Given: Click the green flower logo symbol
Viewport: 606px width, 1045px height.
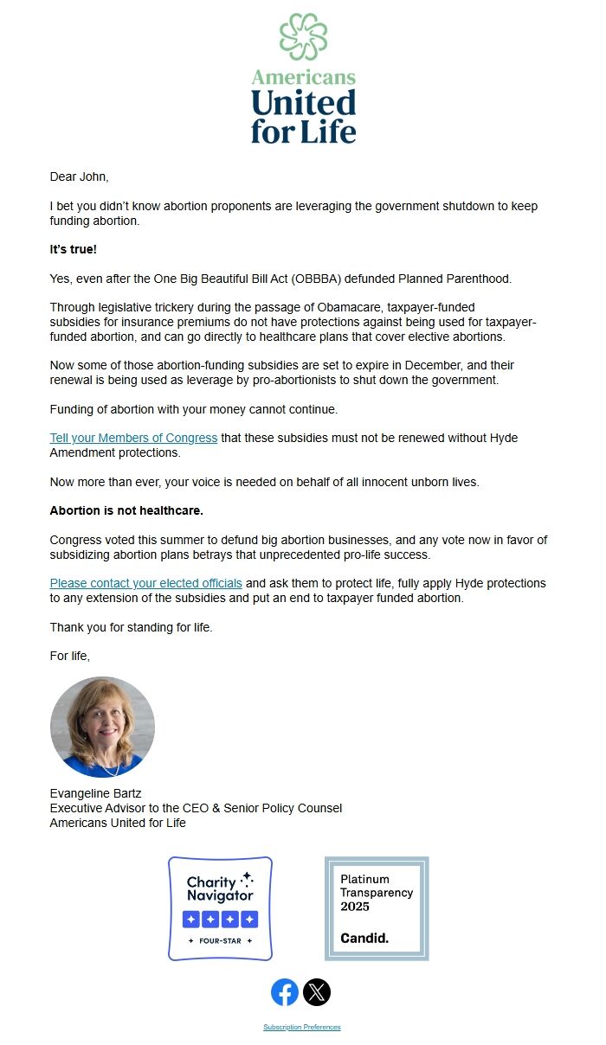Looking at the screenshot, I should point(303,37).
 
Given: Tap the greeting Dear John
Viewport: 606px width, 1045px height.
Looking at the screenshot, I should point(79,176).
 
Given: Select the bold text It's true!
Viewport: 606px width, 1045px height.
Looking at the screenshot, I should point(74,249).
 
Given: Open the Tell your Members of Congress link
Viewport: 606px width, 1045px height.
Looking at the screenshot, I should point(133,438).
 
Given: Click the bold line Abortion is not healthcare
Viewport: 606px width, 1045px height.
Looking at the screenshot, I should point(126,510).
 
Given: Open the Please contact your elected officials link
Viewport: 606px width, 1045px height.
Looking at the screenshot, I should point(145,583).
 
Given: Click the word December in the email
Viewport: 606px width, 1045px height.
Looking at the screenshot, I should point(437,365).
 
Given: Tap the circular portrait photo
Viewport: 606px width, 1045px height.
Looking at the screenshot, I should point(102,727).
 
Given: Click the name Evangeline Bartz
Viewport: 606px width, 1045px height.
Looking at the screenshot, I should point(96,793).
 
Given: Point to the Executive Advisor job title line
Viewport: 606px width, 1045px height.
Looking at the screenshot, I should point(196,808).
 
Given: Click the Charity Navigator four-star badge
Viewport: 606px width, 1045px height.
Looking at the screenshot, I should point(220,908).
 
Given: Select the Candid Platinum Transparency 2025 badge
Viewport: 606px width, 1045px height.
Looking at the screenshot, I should point(377,908).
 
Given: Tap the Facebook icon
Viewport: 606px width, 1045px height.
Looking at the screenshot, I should point(285,992).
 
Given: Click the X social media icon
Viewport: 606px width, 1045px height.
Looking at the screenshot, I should point(317,992).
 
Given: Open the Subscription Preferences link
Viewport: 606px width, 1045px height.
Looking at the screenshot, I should point(302,1028).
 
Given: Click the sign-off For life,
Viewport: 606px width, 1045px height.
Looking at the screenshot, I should point(69,656).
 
